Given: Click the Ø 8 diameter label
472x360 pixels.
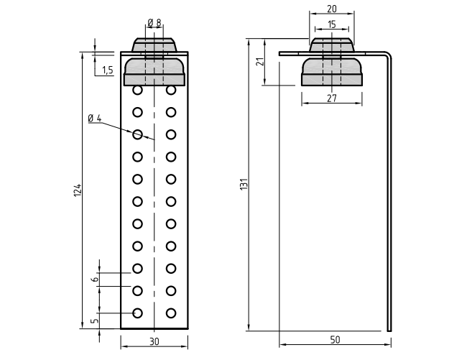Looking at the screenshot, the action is (154, 22).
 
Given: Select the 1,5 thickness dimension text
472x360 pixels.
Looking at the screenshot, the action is (108, 70).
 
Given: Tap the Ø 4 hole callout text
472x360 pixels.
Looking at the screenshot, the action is (95, 119).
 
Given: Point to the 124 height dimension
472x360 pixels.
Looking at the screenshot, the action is (78, 190).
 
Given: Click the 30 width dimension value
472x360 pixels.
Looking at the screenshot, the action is (154, 341).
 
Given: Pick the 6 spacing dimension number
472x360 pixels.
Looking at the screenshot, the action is (95, 280).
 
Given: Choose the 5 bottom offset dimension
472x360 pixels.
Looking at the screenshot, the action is (95, 320).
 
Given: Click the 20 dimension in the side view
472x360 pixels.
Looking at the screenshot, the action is (331, 9).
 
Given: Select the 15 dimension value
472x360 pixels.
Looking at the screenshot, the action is (331, 24).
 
